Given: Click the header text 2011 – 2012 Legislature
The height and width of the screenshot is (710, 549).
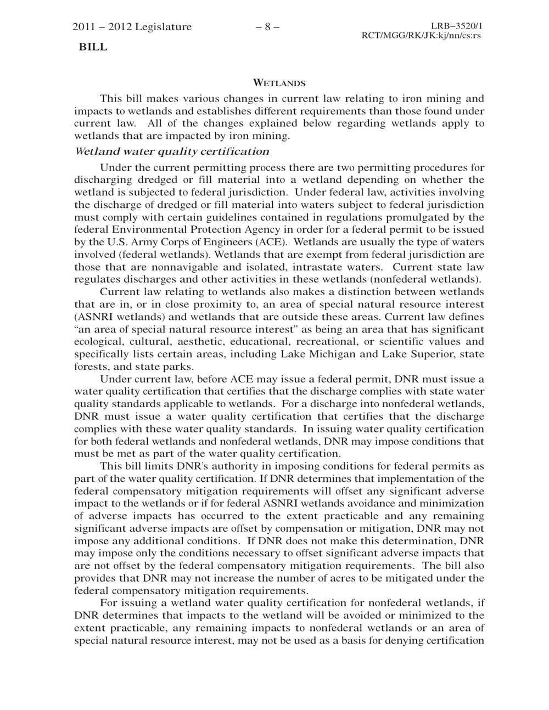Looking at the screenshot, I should (132, 27).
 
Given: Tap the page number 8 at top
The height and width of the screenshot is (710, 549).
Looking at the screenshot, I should (267, 27).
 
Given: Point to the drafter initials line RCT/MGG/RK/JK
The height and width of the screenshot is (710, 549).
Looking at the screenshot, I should (421, 36).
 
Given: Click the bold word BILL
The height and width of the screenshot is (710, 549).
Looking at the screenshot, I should (93, 47).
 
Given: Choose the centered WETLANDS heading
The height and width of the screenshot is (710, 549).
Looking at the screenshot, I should (279, 84).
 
